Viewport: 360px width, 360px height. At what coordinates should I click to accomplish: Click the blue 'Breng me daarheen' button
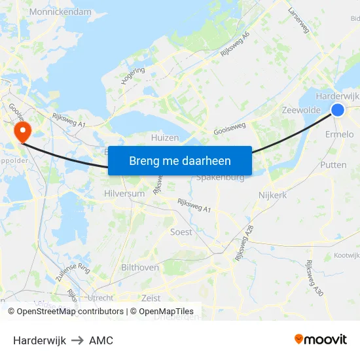coord(180,160)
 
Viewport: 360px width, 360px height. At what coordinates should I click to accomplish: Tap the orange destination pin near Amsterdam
coord(22,130)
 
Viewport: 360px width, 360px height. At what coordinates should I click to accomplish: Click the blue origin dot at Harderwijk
coord(338,110)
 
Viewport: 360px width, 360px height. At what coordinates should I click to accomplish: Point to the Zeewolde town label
coord(300,111)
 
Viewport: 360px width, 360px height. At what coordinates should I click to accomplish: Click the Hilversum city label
coord(124,194)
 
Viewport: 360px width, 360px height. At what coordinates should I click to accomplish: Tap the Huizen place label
coord(164,138)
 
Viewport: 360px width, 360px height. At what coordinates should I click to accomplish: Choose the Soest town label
coord(181,232)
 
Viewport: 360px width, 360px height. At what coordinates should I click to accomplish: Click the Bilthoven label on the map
coord(140,268)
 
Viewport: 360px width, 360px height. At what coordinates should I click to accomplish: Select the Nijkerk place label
coord(273,195)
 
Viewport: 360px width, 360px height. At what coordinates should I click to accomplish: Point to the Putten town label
coord(333,165)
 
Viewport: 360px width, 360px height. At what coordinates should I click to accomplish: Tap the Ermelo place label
coord(339,134)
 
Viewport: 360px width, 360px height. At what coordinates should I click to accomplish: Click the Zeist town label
coord(151,298)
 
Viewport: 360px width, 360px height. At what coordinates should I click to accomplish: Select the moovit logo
coord(320,340)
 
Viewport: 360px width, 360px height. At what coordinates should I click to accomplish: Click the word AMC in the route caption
coord(101,340)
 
